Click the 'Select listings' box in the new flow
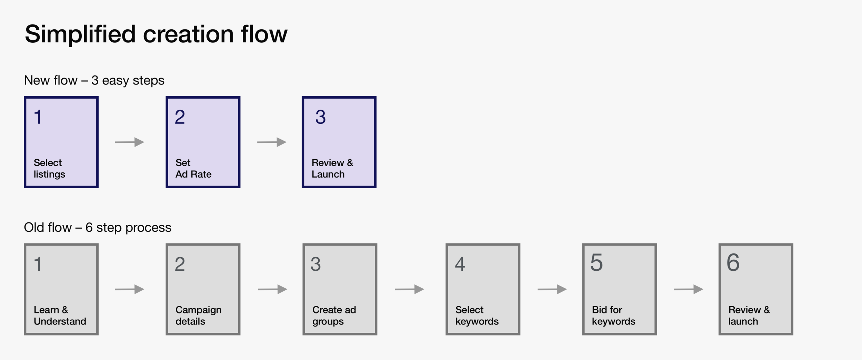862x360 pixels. tap(61, 142)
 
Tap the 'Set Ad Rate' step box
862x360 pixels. tap(203, 142)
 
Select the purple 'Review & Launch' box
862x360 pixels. tap(339, 142)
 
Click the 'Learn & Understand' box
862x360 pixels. tap(61, 289)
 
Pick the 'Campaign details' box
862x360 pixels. tap(203, 289)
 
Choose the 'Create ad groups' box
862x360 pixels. tap(340, 289)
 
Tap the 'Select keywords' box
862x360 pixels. tap(483, 289)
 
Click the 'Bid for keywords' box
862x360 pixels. tap(619, 289)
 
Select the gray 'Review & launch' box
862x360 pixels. tap(756, 289)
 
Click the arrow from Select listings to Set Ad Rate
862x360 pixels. tap(129, 142)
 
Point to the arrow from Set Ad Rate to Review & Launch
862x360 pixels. tap(272, 142)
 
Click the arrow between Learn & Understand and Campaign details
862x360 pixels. tap(129, 289)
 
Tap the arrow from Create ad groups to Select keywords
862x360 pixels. tap(409, 289)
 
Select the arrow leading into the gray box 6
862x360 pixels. tap(688, 289)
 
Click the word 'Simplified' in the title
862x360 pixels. tap(80, 34)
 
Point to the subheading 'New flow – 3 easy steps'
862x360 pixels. tap(94, 80)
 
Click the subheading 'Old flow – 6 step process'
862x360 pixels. tap(98, 228)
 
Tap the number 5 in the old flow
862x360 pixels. tap(597, 263)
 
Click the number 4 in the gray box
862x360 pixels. tap(460, 264)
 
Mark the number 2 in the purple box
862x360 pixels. tap(180, 117)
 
